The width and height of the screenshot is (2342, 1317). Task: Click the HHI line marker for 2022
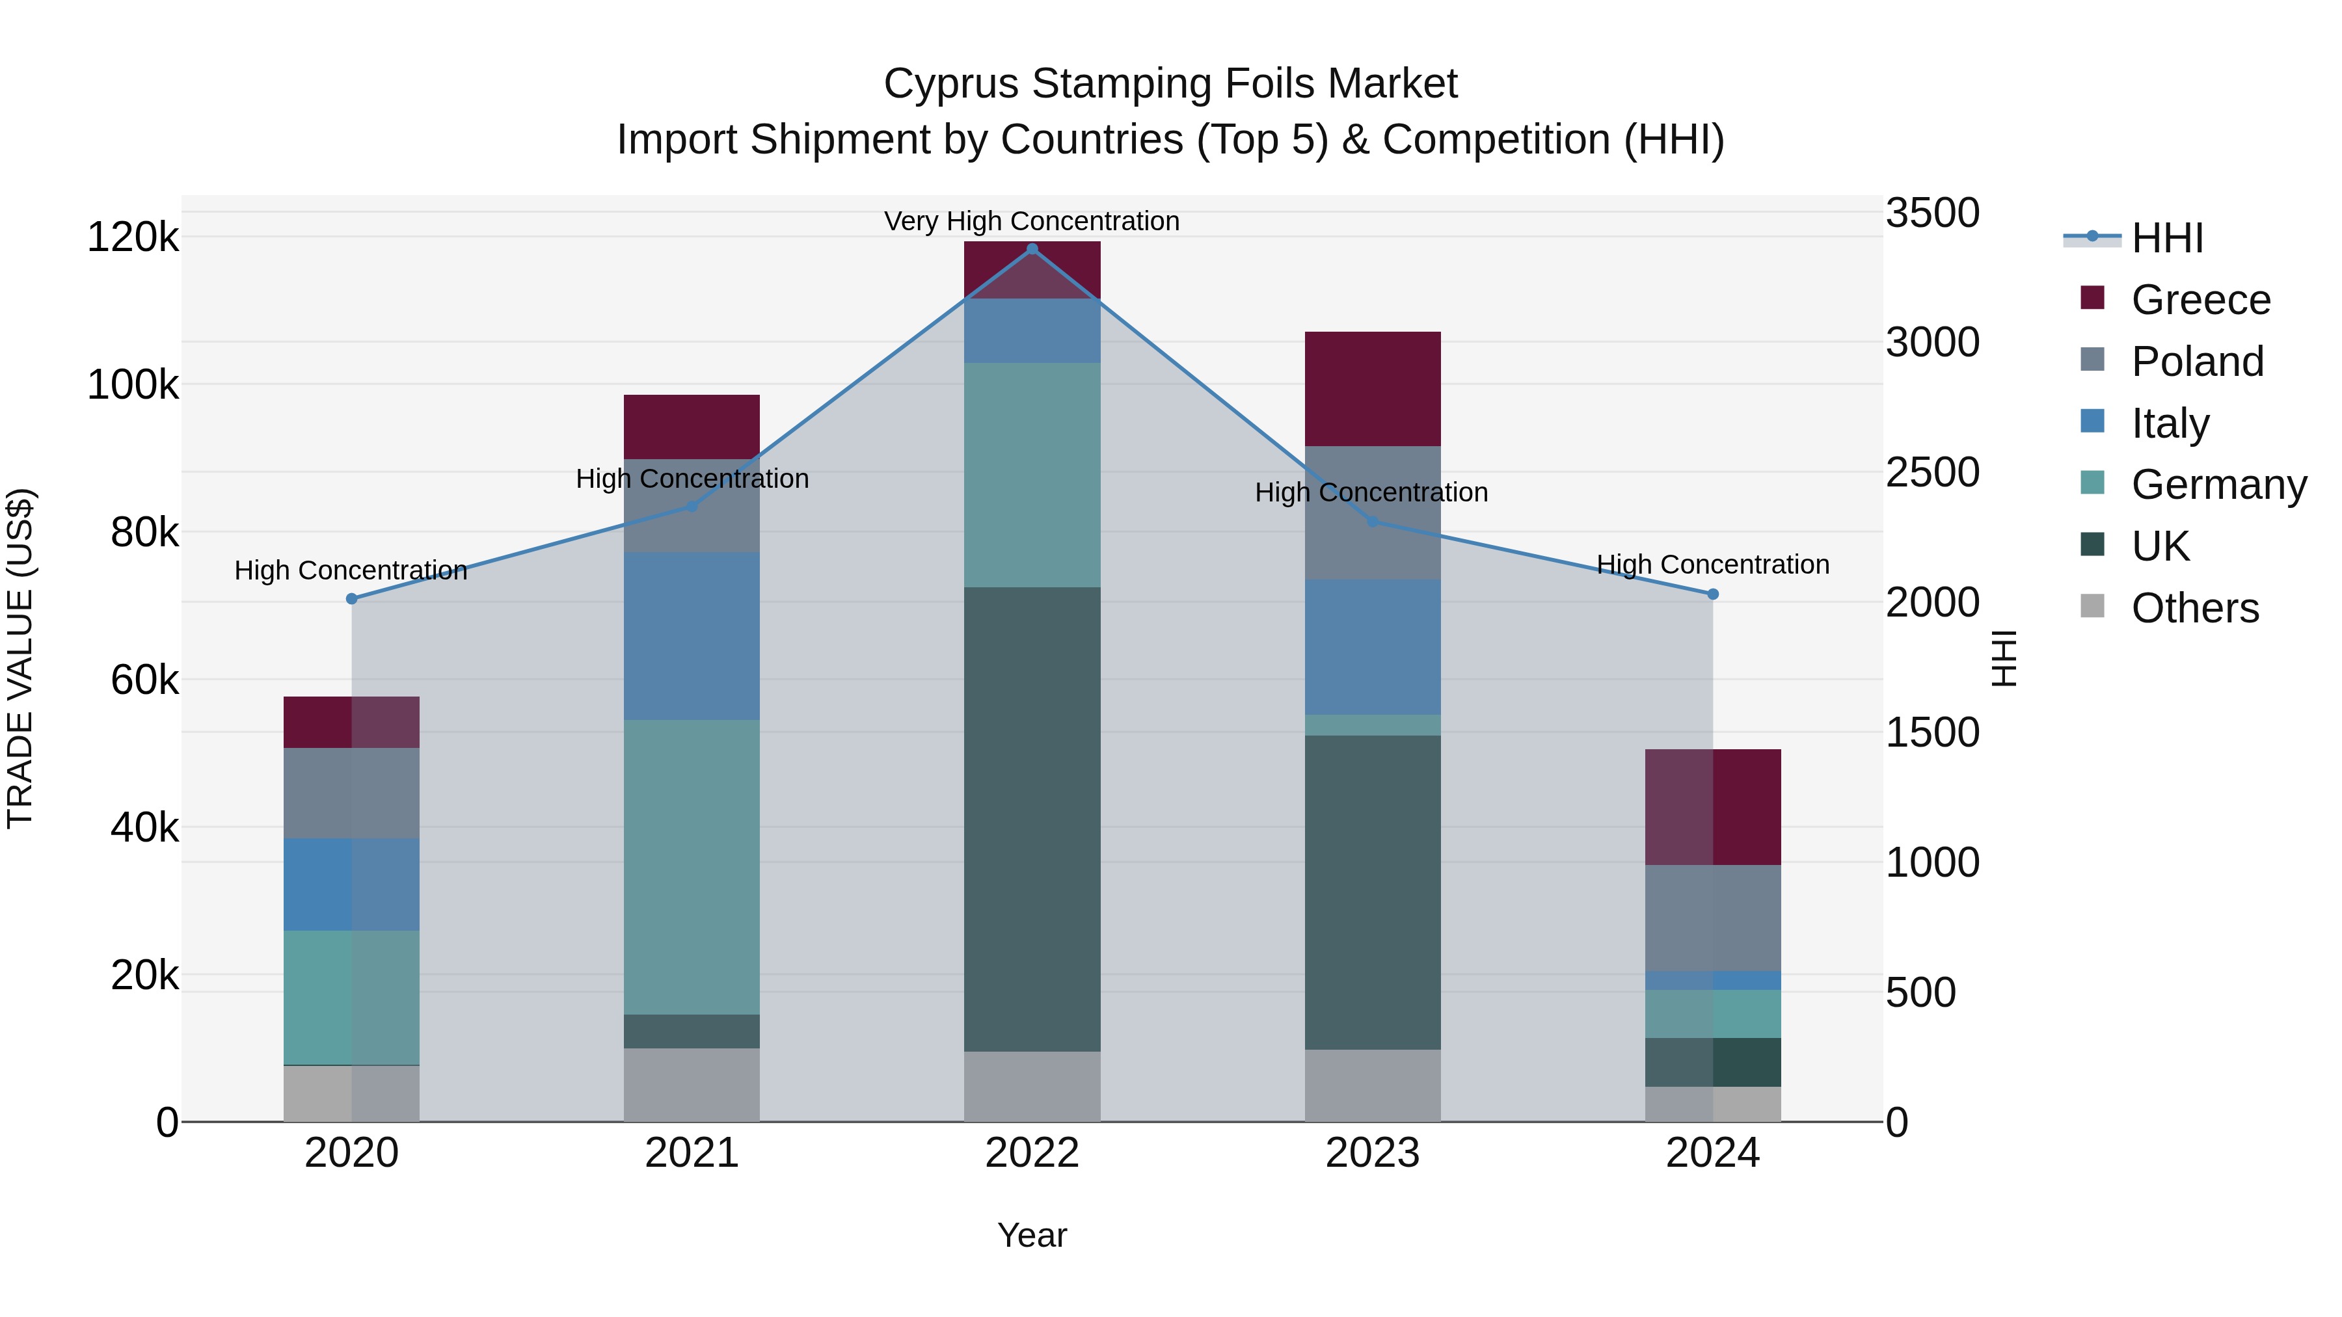click(1032, 248)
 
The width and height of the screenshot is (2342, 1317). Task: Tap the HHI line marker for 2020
click(352, 599)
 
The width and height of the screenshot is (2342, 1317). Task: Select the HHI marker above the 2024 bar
click(1713, 594)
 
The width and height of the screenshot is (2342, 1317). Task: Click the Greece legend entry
click(2200, 300)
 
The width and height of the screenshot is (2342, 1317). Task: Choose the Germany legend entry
click(2218, 485)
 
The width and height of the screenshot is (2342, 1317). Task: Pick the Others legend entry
click(2195, 608)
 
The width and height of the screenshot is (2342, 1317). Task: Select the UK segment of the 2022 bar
click(1032, 818)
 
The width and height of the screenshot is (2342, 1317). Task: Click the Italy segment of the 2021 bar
click(692, 636)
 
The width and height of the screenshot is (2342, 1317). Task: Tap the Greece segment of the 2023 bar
click(1373, 389)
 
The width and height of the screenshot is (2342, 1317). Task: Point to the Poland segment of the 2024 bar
click(1713, 918)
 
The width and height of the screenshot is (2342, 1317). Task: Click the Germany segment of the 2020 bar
click(352, 997)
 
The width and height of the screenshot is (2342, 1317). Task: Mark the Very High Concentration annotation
click(1032, 221)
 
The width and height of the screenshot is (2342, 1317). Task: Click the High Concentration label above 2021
click(692, 478)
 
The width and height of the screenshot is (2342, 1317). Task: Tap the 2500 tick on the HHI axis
click(1933, 473)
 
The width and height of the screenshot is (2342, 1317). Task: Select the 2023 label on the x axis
click(1373, 1153)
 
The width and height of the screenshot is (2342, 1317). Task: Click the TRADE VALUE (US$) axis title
click(20, 658)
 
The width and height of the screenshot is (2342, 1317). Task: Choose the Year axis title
click(1032, 1235)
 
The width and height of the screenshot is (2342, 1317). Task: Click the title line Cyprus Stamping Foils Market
click(1170, 84)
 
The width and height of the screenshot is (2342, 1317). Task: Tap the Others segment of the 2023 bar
click(1373, 1085)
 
